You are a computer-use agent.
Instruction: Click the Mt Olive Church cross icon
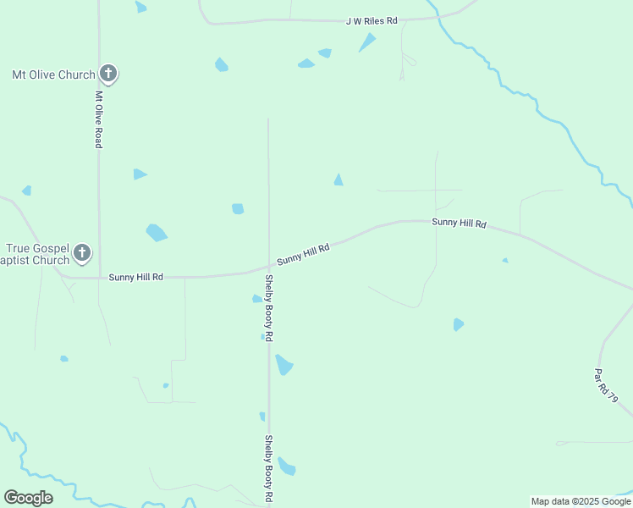(x=107, y=74)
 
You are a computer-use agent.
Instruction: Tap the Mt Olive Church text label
(x=53, y=75)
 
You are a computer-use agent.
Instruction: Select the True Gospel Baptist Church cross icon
(x=82, y=251)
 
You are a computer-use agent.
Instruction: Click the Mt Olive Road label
(x=98, y=119)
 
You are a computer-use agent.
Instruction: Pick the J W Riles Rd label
(x=371, y=20)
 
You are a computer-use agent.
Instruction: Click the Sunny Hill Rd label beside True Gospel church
(x=135, y=277)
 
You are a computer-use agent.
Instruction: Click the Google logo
(x=28, y=498)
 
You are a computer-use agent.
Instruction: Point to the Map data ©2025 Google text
(x=581, y=501)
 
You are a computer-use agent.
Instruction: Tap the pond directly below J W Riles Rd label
(x=366, y=42)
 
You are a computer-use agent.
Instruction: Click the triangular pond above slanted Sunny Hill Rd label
(x=339, y=179)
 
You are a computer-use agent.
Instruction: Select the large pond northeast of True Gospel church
(x=157, y=232)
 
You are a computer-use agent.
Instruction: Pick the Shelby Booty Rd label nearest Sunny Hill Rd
(x=268, y=307)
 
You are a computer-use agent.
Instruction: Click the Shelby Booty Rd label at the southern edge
(x=268, y=467)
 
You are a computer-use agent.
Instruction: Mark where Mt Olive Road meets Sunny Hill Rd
(x=99, y=277)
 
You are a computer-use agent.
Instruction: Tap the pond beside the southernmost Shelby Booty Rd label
(x=287, y=467)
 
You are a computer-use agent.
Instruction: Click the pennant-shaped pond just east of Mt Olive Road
(x=140, y=174)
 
